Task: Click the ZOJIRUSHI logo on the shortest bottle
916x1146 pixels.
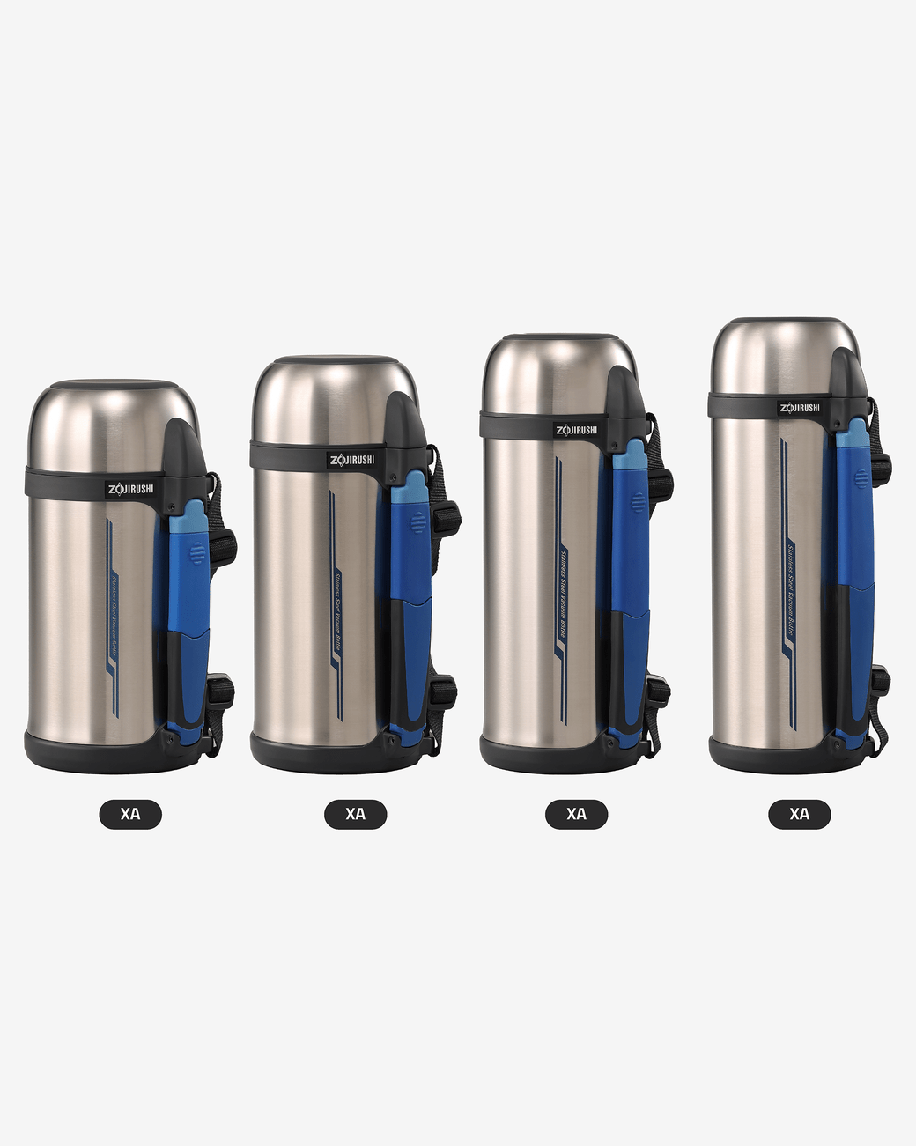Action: click(x=130, y=489)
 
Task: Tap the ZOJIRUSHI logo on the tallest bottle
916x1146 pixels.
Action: click(x=800, y=407)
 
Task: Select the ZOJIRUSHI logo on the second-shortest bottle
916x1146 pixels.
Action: click(x=352, y=460)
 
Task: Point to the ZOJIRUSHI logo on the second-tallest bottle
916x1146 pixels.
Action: click(x=576, y=430)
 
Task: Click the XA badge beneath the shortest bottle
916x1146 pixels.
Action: click(x=130, y=814)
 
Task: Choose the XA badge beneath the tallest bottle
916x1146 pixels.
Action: click(x=800, y=814)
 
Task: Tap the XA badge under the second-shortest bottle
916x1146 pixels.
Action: click(x=355, y=814)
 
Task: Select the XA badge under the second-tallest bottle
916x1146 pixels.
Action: click(x=576, y=814)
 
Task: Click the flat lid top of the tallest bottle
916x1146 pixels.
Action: click(x=784, y=320)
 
